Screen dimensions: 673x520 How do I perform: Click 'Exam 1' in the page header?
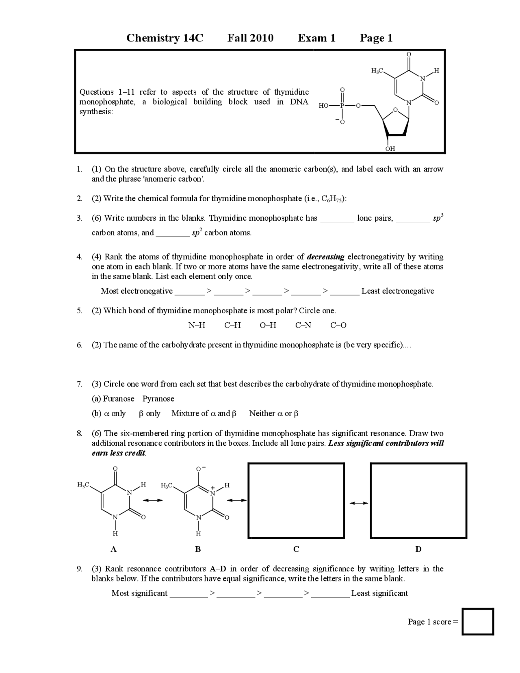[316, 38]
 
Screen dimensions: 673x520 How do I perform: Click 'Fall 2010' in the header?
[250, 38]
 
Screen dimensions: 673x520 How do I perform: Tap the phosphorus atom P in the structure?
[342, 106]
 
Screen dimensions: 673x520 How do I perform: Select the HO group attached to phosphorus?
[324, 106]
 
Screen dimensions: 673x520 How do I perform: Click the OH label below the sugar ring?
[390, 149]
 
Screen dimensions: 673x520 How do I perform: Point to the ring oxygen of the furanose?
[395, 110]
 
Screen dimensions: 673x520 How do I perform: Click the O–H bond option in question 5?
[268, 325]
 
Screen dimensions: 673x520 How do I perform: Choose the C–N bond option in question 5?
[303, 325]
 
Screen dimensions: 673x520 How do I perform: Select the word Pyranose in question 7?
[158, 399]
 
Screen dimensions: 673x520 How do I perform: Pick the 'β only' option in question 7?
[149, 413]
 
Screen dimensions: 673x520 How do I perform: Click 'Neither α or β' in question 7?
[274, 413]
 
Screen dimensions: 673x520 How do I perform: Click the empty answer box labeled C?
[296, 501]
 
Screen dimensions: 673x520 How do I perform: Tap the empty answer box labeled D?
[418, 501]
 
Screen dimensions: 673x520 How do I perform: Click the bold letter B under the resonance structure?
[198, 549]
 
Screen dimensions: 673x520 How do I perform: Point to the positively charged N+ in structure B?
[212, 492]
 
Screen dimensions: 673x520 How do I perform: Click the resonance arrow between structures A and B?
[152, 500]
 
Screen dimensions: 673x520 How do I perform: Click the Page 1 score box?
[478, 621]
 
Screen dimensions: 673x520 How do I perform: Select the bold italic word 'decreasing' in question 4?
[325, 257]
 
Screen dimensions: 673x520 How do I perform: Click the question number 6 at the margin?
[79, 345]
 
